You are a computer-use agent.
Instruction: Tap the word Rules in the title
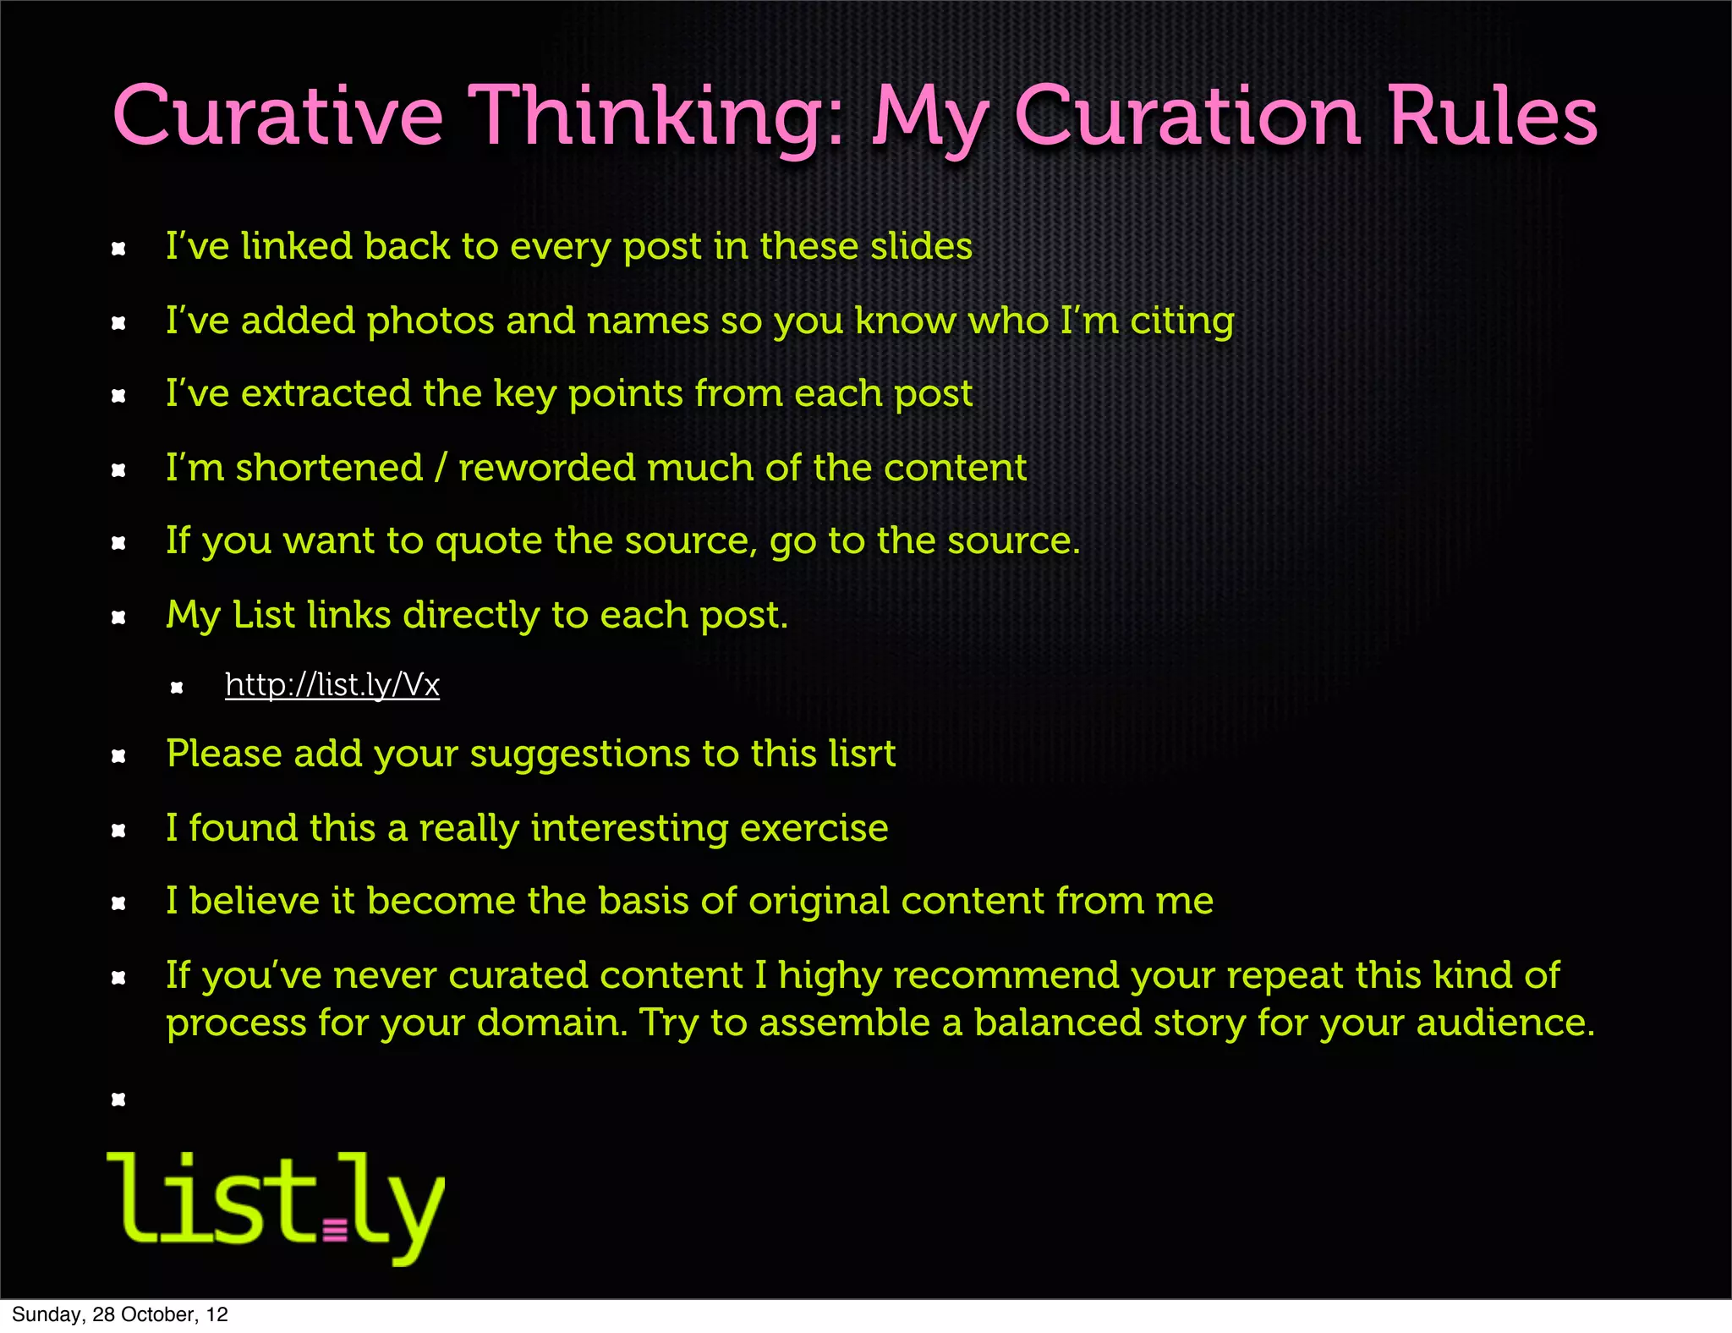1493,117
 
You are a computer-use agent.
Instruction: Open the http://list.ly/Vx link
332,685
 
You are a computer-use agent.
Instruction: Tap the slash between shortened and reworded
440,468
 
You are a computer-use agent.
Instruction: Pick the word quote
488,541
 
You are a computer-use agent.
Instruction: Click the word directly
470,615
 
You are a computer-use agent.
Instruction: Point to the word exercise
814,828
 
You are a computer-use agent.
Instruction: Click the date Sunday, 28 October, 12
120,1314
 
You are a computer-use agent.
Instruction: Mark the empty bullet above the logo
118,1100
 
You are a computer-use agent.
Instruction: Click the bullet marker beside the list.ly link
177,688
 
